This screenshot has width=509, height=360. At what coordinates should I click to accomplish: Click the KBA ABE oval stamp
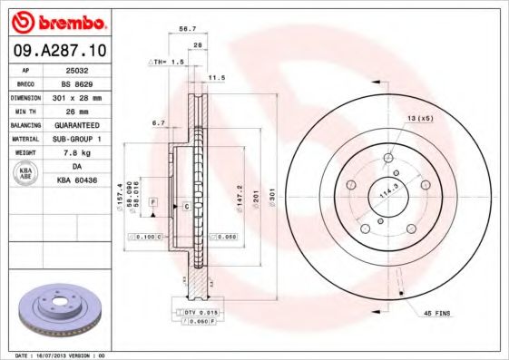[x=26, y=173]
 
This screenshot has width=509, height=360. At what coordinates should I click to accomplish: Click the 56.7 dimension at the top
[x=187, y=29]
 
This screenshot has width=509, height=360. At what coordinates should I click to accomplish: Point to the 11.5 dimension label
[x=217, y=78]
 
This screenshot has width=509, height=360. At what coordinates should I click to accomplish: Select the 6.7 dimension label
[x=159, y=122]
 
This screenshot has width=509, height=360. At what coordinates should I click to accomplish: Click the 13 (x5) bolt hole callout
[x=418, y=119]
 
